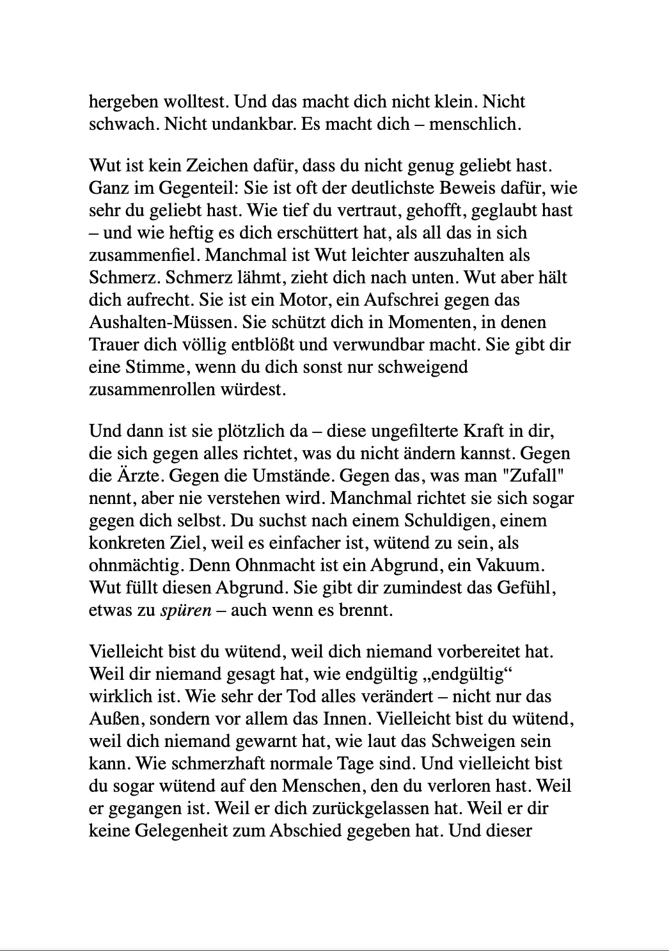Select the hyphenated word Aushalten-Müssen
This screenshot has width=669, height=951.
159,322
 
